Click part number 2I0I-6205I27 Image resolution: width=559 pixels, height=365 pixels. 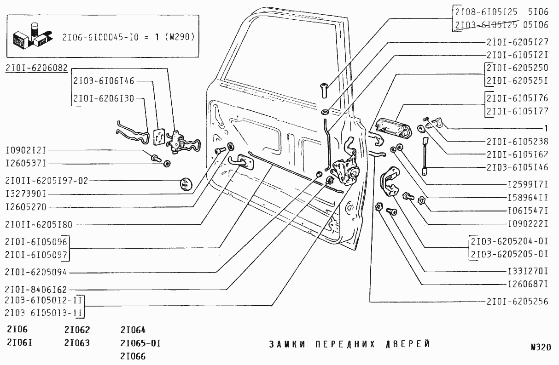517,42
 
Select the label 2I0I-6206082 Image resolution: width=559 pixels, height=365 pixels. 37,68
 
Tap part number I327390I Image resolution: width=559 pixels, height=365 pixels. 33,194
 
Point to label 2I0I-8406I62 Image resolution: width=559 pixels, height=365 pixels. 36,290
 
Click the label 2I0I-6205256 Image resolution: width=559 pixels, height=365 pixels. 517,302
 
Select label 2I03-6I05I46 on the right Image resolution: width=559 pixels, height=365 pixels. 517,167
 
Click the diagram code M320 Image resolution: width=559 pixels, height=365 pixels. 540,348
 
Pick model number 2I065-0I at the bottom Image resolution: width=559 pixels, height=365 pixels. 134,343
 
